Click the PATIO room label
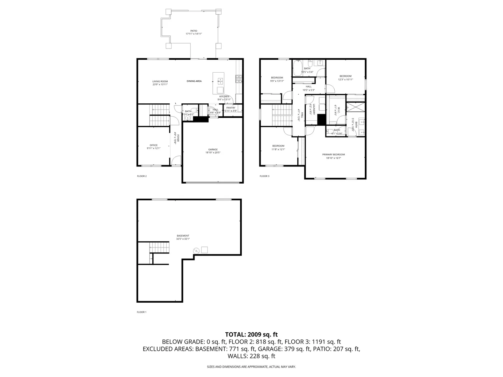(194, 31)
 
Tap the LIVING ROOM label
(160, 81)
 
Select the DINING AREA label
(194, 81)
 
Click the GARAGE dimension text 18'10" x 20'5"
(213, 153)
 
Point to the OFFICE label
(153, 145)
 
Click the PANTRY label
(231, 108)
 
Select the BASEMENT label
(183, 236)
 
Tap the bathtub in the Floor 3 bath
(298, 68)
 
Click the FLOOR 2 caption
(142, 176)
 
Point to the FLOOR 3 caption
(264, 176)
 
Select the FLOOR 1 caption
(141, 312)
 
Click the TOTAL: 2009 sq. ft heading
(251, 334)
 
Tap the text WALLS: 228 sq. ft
(251, 356)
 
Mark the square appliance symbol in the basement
(204, 250)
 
